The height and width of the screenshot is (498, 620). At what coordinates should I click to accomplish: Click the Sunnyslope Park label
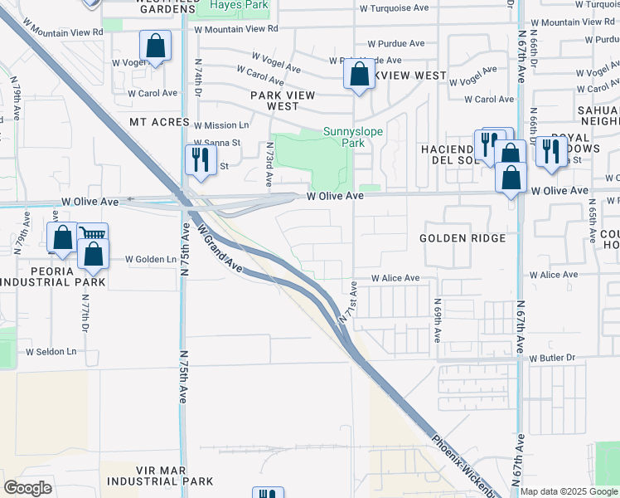coord(343,136)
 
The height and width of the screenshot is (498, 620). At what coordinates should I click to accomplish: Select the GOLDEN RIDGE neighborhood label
coord(463,238)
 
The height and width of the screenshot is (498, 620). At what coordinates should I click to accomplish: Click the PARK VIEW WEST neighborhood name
coord(283,100)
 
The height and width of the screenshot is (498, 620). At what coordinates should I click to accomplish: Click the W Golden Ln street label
coord(151,259)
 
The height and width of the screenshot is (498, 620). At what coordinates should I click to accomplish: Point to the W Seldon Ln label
coord(51,352)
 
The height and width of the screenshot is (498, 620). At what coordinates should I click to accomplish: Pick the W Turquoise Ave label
coord(395,7)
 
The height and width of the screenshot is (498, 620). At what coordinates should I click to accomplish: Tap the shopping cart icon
coord(93,236)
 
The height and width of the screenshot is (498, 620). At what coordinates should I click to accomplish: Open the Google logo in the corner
coord(27,488)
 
